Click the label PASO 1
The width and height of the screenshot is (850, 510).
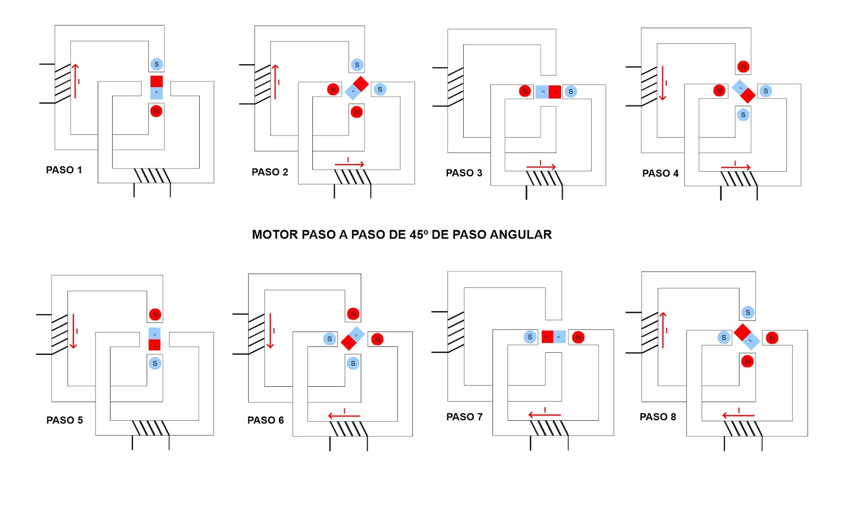point(64,170)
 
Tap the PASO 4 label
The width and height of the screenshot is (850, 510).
point(660,173)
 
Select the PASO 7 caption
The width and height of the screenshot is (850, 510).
point(464,417)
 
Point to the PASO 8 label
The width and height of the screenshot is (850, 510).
point(658,417)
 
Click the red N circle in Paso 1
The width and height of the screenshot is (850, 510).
point(156,111)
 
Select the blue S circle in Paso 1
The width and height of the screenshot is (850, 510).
point(156,64)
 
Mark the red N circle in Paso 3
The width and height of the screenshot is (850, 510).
point(525,91)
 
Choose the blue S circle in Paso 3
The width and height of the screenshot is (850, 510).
point(571,91)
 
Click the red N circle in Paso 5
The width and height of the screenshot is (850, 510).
point(155,314)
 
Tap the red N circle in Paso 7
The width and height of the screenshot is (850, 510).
point(579,337)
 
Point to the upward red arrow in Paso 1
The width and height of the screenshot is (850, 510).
point(75,81)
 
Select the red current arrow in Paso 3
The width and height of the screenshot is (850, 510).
point(541,167)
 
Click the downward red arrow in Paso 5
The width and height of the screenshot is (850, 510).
point(73,331)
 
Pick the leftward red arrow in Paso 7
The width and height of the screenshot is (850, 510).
point(545,414)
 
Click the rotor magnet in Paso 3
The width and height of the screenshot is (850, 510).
point(548,91)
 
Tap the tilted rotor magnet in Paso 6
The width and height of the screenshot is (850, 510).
point(353,338)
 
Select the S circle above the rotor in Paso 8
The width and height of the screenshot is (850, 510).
point(748,312)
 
